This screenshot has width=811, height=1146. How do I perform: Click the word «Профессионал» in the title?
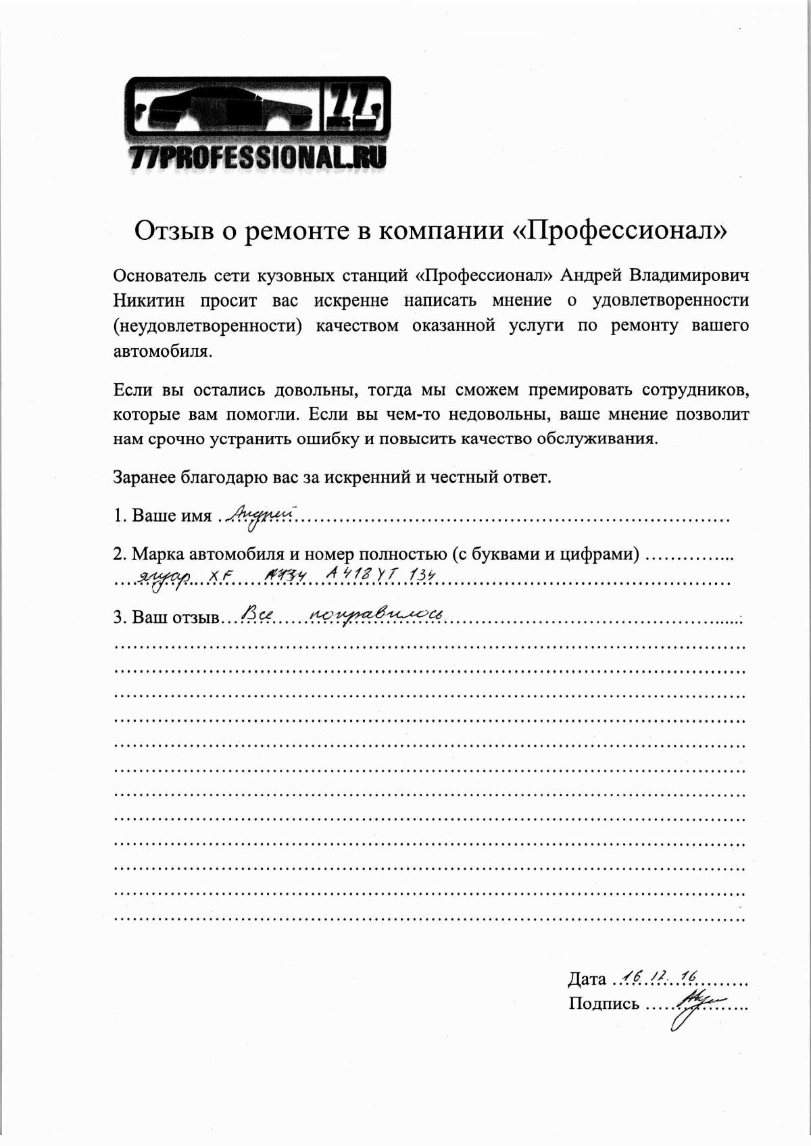[x=620, y=230]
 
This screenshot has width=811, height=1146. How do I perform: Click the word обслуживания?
[x=597, y=439]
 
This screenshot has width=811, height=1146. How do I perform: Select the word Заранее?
[x=144, y=477]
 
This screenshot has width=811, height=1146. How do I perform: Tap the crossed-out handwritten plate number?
[x=286, y=574]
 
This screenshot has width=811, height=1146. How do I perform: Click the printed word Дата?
[x=587, y=979]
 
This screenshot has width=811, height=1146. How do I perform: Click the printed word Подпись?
[x=604, y=1003]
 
